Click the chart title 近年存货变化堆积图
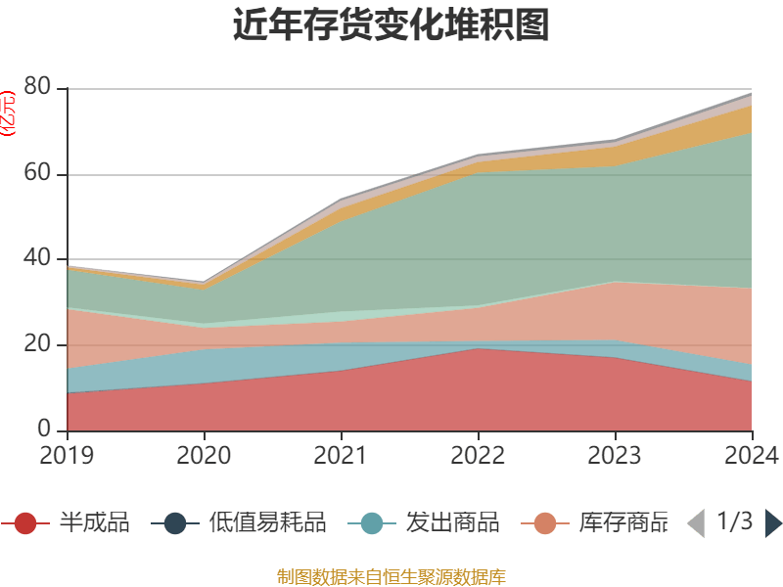point(391,25)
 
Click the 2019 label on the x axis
point(67,456)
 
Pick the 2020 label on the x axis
point(204,456)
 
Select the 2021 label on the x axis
point(341,456)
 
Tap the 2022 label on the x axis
point(478,456)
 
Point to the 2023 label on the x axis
point(615,456)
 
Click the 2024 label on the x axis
point(752,456)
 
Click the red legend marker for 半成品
point(26,523)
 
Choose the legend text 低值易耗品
point(267,523)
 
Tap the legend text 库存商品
point(622,523)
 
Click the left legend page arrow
point(695,523)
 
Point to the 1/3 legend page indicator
point(734,521)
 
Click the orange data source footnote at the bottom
point(391,576)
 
